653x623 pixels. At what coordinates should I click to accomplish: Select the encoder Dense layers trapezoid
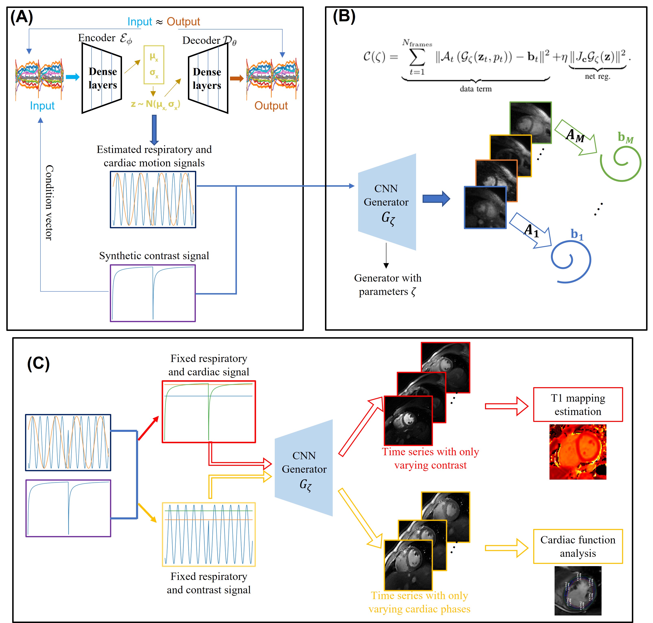(102, 78)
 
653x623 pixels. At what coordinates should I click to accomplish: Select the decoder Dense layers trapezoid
(208, 78)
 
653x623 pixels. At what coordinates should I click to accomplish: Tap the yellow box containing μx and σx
(154, 65)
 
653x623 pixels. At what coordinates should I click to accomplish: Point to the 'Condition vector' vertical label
(49, 202)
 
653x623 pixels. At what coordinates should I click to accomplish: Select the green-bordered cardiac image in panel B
(530, 122)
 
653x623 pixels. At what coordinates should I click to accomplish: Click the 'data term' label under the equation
(475, 89)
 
